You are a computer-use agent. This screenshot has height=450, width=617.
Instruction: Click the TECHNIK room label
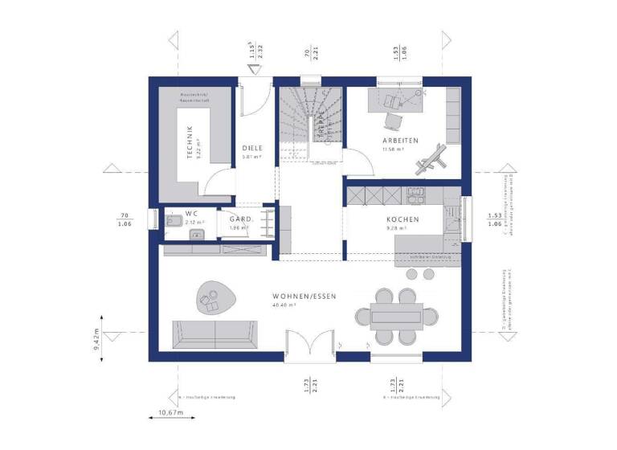point(190,142)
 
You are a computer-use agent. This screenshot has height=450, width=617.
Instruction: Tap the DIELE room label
point(252,148)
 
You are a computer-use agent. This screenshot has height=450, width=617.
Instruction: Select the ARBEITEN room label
point(399,141)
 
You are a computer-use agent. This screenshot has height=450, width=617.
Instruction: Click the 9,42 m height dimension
point(98,340)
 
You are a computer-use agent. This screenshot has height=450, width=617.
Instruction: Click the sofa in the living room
point(215,333)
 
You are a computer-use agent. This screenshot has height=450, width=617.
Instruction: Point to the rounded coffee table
point(215,297)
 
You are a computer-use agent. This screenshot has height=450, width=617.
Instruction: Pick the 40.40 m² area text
point(285,305)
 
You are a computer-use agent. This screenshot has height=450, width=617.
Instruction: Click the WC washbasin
point(195,235)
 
